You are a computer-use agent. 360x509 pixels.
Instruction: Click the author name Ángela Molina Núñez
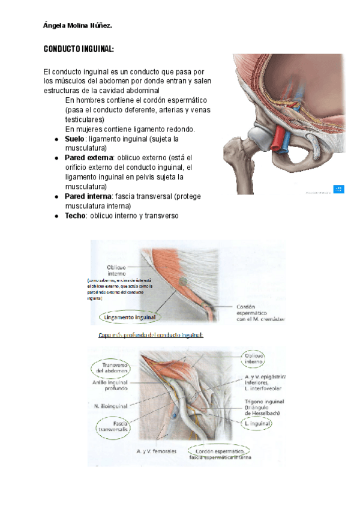[x=78, y=26]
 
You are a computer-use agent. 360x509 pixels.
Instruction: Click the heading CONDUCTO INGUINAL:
[x=79, y=49]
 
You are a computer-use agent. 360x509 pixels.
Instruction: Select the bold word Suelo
[x=74, y=139]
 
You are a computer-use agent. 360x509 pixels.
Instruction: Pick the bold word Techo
[x=75, y=215]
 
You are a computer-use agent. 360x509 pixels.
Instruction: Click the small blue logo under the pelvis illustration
[x=338, y=189]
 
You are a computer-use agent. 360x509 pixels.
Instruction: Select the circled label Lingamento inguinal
[x=130, y=316]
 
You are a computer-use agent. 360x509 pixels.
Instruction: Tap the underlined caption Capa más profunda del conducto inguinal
[x=151, y=335]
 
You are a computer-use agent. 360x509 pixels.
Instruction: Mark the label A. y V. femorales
[x=158, y=450]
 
